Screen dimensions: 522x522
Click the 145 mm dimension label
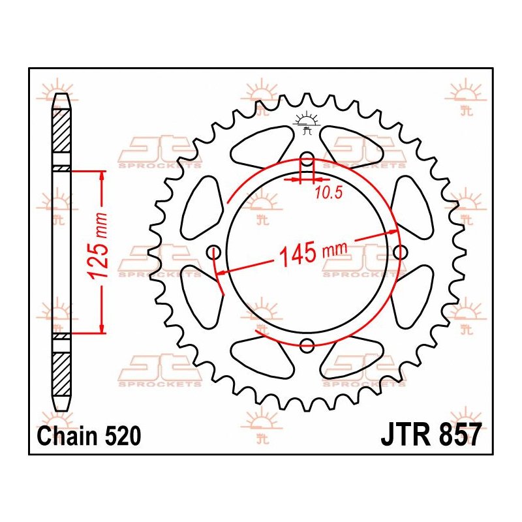pos(313,253)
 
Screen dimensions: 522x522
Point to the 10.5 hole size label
pos(329,192)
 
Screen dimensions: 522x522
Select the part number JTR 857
pos(431,435)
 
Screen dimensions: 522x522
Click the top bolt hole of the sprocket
pos(307,159)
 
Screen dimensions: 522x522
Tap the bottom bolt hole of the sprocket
pos(307,345)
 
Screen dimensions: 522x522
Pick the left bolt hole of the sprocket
pos(214,253)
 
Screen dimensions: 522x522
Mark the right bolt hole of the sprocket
pos(400,253)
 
